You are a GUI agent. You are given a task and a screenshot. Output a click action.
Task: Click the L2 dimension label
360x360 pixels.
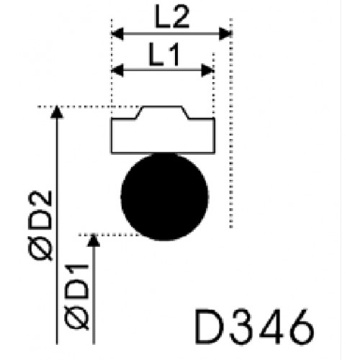click(x=173, y=16)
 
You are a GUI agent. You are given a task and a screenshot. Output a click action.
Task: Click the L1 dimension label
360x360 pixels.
click(x=164, y=54)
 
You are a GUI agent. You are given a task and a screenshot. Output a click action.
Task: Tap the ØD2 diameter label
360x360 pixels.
click(x=40, y=225)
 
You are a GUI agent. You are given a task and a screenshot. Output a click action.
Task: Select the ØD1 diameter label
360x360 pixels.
click(x=77, y=297)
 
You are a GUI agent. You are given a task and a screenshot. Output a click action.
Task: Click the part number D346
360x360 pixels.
click(x=254, y=326)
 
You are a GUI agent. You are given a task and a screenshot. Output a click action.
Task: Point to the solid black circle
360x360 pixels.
click(x=165, y=197)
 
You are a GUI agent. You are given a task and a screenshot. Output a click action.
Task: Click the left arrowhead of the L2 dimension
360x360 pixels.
click(x=117, y=34)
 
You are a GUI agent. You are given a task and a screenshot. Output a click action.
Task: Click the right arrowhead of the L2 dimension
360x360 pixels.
click(x=225, y=34)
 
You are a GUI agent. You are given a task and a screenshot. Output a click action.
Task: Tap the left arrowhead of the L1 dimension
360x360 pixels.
click(x=117, y=71)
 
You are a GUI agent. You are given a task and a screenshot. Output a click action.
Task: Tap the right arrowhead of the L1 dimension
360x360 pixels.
click(x=207, y=71)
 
